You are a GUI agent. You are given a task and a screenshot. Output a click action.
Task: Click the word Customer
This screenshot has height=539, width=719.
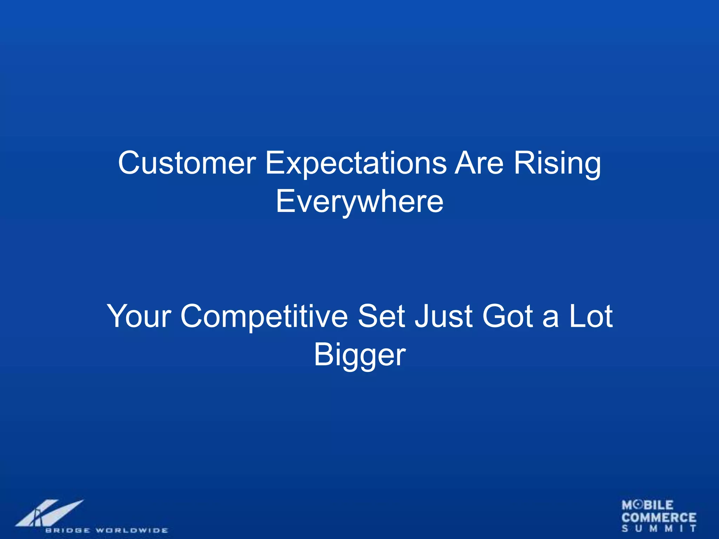[187, 163]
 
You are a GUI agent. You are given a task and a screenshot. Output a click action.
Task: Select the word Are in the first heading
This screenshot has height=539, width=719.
[479, 163]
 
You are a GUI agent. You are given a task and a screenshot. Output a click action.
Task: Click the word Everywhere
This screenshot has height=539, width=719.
[359, 202]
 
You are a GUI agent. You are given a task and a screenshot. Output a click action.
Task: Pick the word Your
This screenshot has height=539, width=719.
[139, 317]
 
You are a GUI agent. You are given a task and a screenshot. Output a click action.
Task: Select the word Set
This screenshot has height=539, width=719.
[382, 317]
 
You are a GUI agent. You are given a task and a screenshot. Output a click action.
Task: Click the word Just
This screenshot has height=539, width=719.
[443, 317]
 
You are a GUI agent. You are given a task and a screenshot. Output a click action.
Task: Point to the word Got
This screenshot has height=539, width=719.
[508, 317]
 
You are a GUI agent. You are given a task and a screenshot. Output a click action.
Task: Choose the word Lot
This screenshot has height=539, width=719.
[591, 317]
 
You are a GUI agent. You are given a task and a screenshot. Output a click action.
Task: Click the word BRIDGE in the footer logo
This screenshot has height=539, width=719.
[67, 530]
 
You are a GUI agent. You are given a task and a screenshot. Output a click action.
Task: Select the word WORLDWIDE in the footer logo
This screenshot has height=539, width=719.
[132, 530]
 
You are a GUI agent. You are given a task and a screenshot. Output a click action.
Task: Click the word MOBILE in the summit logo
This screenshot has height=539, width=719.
[647, 505]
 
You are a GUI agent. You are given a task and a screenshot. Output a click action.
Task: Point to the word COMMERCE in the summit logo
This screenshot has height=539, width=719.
[659, 518]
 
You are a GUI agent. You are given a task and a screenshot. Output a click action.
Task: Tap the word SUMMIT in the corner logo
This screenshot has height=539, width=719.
[659, 528]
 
